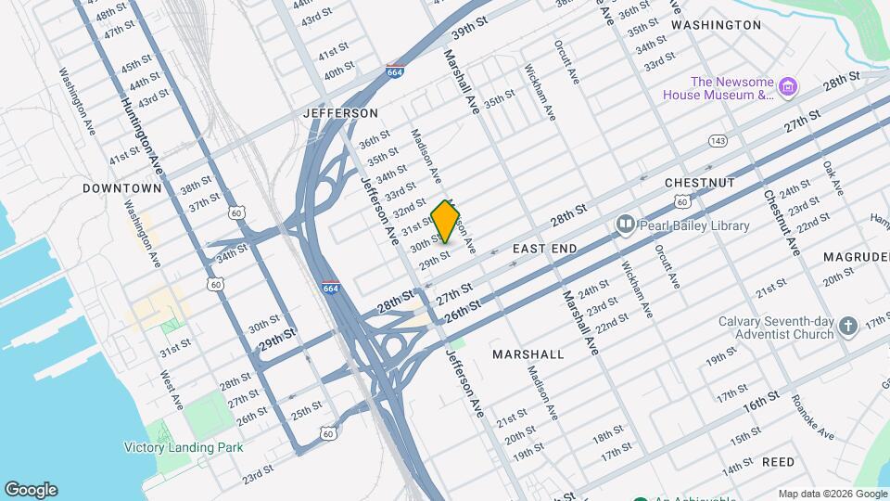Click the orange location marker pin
[446, 221]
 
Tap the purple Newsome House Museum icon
[789, 87]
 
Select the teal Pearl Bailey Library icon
[625, 225]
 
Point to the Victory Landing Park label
[184, 446]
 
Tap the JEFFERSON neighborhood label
[340, 113]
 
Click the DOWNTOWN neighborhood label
[122, 188]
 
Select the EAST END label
[544, 249]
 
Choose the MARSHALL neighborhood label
[528, 354]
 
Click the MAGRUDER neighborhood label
[856, 256]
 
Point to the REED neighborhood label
[778, 461]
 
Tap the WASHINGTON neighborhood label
[716, 25]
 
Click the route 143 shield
[717, 140]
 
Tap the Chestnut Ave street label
[782, 223]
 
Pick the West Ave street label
[170, 390]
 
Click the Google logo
[31, 490]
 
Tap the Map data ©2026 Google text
[832, 494]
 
